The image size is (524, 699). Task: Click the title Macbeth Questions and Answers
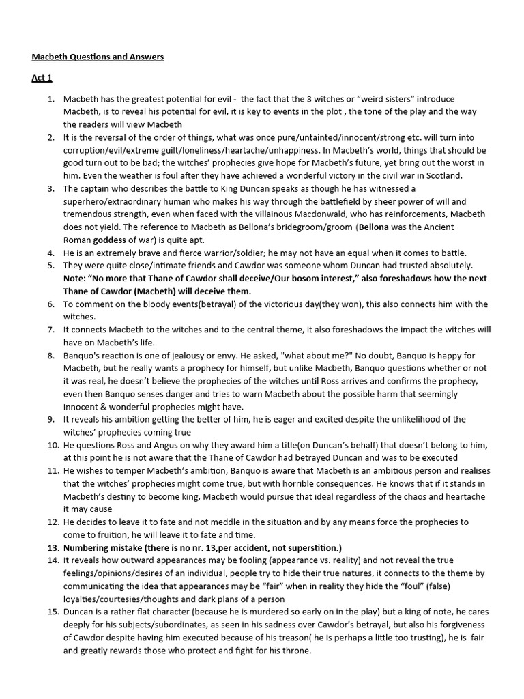point(98,57)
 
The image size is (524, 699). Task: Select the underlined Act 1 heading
point(42,78)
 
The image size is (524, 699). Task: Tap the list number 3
point(51,188)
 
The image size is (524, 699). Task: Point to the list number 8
point(51,356)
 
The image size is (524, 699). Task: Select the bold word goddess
point(109,240)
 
